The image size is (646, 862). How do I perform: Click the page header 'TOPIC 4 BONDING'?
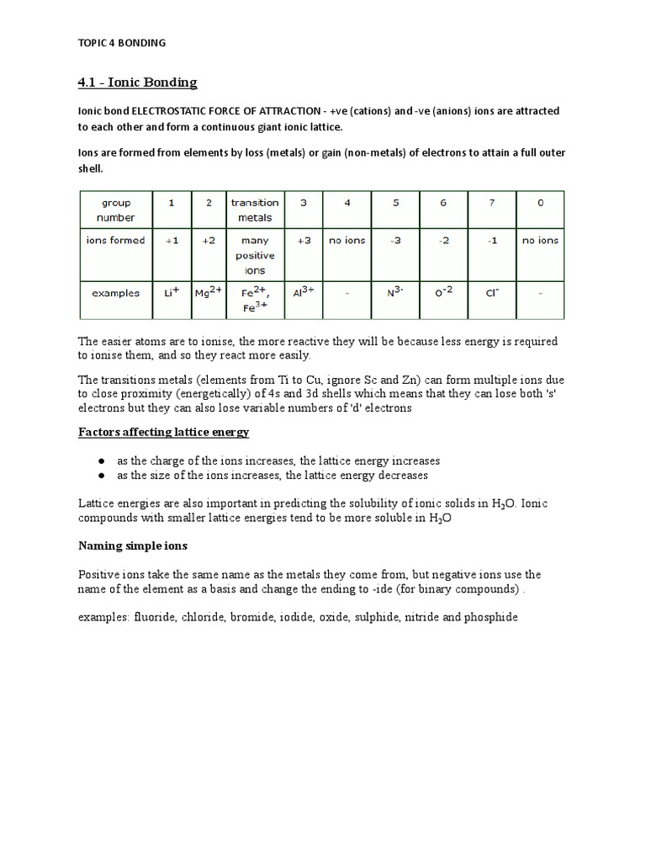pyautogui.click(x=122, y=43)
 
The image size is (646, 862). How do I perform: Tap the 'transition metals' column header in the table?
pyautogui.click(x=254, y=210)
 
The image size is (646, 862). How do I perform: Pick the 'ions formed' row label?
pyautogui.click(x=116, y=240)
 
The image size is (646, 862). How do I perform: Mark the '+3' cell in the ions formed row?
pyautogui.click(x=304, y=240)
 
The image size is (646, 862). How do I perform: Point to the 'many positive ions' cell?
pyautogui.click(x=254, y=255)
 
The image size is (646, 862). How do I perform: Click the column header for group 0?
pyautogui.click(x=539, y=203)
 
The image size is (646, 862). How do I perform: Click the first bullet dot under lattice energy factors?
pyautogui.click(x=101, y=461)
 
